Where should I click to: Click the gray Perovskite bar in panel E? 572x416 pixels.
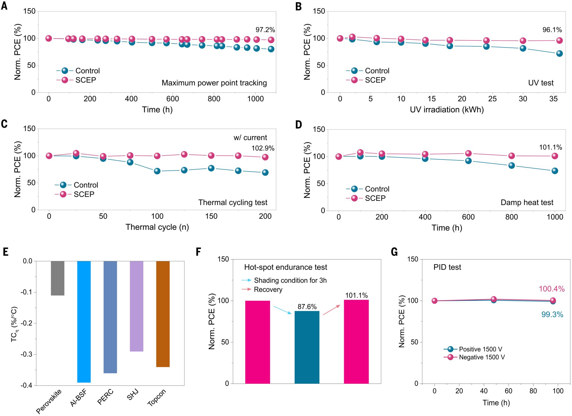click(x=58, y=278)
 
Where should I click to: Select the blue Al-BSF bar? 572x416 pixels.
click(x=84, y=321)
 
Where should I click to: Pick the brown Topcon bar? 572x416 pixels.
click(x=163, y=314)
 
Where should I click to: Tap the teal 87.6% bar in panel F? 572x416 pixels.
click(x=307, y=347)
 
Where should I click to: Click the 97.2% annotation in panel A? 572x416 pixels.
click(x=265, y=30)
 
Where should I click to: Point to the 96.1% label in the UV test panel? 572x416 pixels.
click(x=552, y=30)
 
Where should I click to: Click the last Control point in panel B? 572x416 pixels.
click(x=559, y=53)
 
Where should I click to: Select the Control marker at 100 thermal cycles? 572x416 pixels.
click(x=157, y=171)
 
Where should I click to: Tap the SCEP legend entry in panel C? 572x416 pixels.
click(x=84, y=194)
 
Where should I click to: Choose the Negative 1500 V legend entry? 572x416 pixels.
click(x=482, y=357)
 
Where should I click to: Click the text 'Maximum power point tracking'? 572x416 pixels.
click(x=214, y=83)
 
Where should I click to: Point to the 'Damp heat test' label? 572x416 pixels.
click(x=527, y=203)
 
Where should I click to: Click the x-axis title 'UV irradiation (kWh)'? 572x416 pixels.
click(x=447, y=110)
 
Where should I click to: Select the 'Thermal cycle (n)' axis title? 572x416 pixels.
click(x=157, y=227)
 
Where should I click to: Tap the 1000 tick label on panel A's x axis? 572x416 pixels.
click(x=255, y=99)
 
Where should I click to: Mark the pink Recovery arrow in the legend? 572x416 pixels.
click(x=246, y=289)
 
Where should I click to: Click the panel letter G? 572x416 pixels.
click(x=394, y=252)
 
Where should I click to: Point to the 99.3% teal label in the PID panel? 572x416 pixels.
click(x=552, y=315)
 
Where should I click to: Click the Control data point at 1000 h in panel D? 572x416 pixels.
click(x=555, y=171)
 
